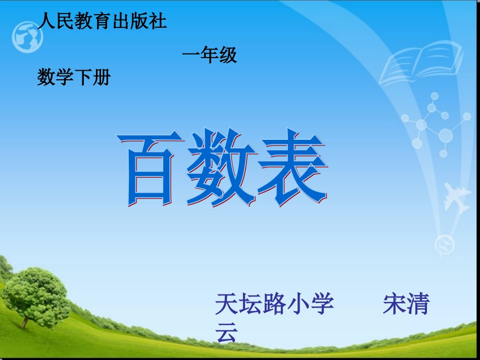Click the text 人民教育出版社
coord(102,22)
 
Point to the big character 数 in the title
coord(219,168)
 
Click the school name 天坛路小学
coord(274,304)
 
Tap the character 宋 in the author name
coord(394,304)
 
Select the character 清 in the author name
coord(418,304)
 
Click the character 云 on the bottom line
coord(226,333)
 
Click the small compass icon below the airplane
coord(445,245)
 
